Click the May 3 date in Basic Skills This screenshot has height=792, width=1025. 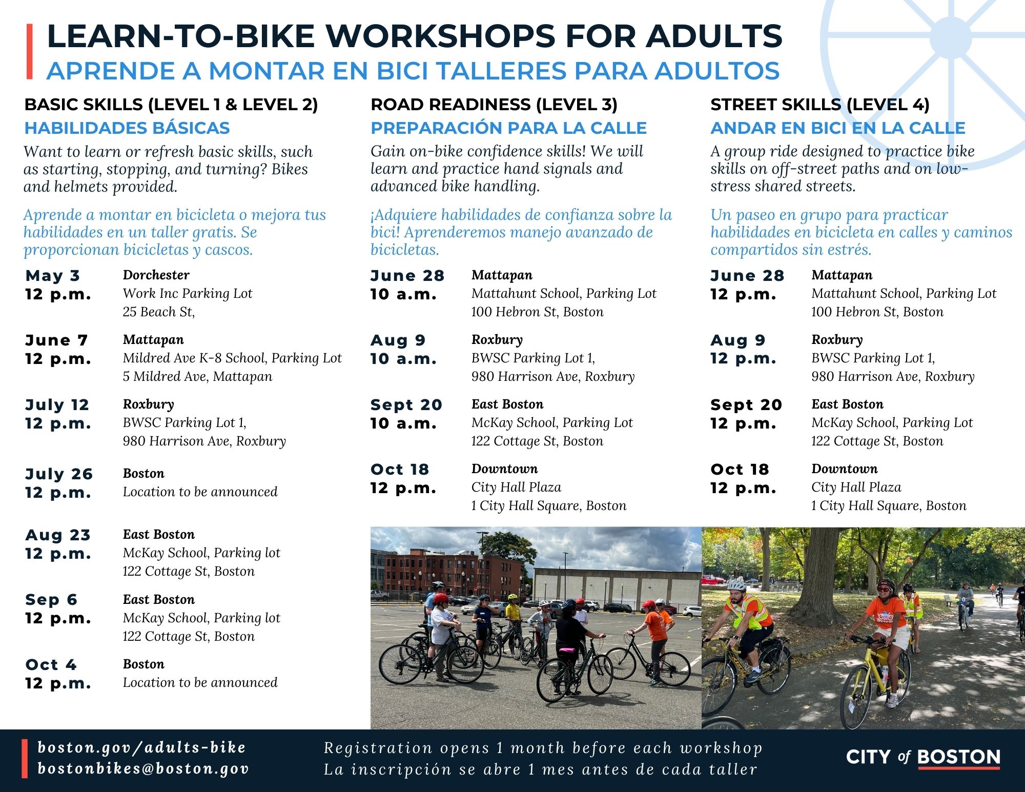(52, 276)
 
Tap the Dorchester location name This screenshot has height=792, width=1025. (156, 275)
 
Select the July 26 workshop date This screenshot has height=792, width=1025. (59, 474)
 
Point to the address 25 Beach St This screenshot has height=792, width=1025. (159, 312)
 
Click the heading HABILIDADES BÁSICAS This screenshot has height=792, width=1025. (127, 128)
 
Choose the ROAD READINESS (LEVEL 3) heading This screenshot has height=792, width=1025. (494, 105)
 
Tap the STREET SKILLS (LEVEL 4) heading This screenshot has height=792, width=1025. (820, 105)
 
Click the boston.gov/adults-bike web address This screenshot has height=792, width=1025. (142, 748)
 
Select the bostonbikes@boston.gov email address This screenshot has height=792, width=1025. (143, 769)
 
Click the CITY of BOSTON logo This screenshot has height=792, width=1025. (923, 758)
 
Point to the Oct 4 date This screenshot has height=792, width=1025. (51, 665)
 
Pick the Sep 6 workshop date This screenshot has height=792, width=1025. (51, 600)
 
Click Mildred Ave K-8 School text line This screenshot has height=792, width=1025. (232, 358)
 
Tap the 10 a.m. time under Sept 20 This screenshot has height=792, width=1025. (403, 423)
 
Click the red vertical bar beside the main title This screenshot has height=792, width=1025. (30, 51)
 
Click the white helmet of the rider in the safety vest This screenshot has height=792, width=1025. (737, 584)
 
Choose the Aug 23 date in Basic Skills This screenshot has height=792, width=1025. (58, 535)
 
